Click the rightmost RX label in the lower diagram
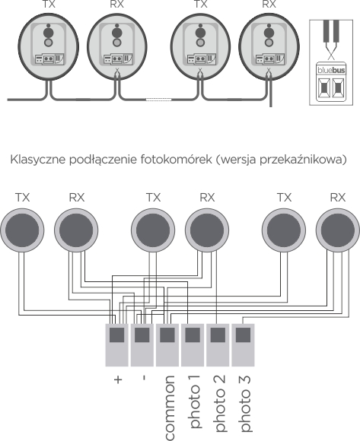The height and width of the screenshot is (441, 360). (338, 197)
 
